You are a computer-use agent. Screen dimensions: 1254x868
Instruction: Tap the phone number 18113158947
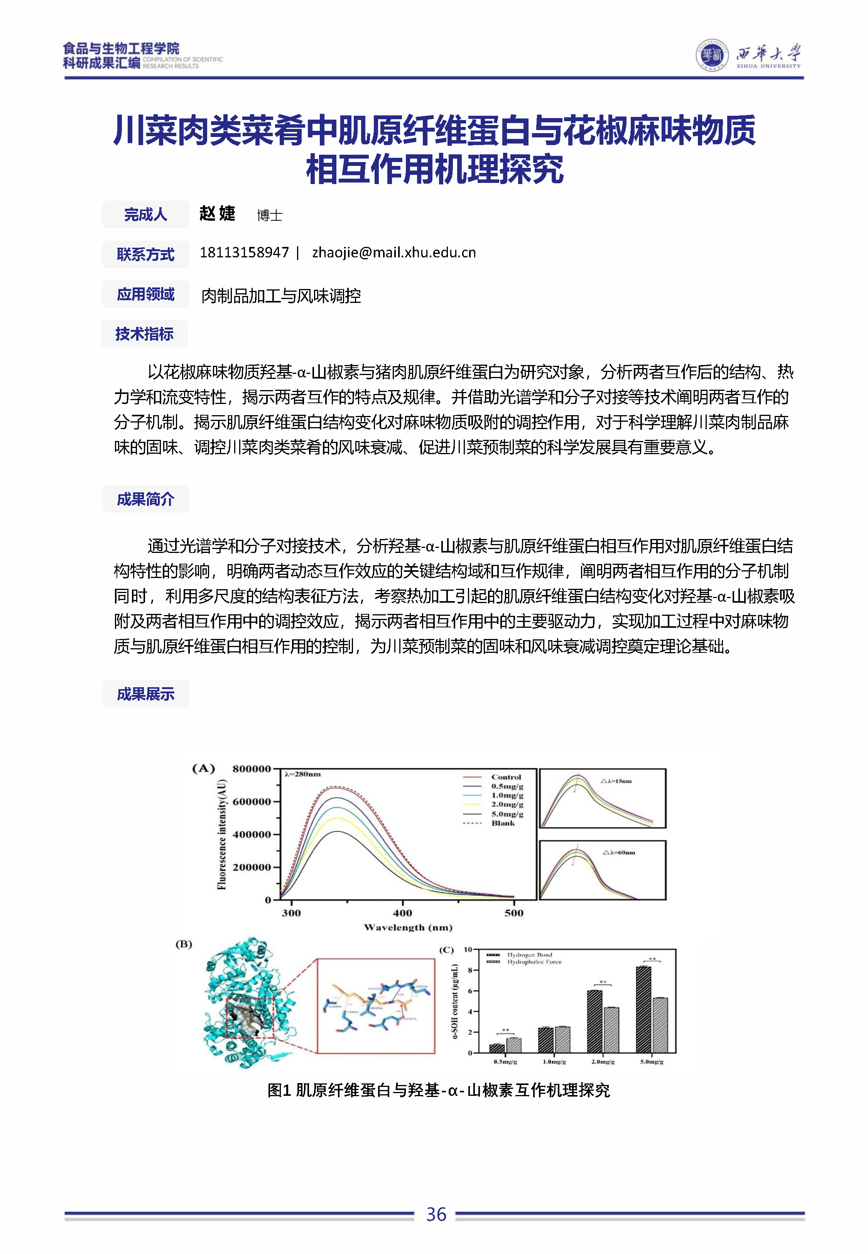tap(244, 252)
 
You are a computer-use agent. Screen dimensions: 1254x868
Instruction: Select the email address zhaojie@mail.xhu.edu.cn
tap(394, 252)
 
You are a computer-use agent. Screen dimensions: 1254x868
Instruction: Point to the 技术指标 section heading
tap(144, 334)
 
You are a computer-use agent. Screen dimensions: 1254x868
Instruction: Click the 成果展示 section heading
tap(145, 694)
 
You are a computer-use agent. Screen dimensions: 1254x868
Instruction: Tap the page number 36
tap(436, 1214)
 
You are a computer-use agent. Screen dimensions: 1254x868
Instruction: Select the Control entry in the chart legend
tap(505, 777)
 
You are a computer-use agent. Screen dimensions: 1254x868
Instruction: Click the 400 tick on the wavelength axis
tap(402, 913)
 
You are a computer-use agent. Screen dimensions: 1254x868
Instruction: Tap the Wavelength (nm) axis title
tap(408, 927)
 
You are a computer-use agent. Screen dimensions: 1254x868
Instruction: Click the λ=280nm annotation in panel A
tap(302, 774)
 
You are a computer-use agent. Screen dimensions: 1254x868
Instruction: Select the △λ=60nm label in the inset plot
tap(619, 852)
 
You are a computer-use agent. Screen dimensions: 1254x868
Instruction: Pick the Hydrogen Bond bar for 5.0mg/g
tap(643, 1009)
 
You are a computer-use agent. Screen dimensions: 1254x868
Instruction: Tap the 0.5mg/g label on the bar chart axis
tap(505, 1061)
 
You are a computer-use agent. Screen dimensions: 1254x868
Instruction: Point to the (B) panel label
tap(184, 944)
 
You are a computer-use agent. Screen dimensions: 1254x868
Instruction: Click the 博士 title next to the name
tap(269, 215)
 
